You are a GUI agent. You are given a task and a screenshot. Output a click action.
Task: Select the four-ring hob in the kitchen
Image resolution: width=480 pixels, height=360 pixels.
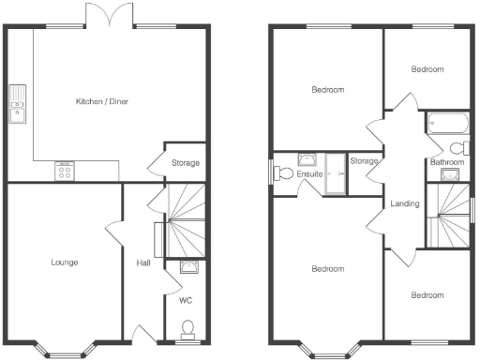pos(65,171)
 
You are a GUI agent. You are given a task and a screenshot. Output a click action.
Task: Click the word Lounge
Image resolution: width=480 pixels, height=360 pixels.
pos(64,262)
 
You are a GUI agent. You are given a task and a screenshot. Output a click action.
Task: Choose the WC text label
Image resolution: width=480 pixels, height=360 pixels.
pos(185,301)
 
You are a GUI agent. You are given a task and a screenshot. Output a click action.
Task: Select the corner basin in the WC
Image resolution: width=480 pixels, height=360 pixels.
pos(188,267)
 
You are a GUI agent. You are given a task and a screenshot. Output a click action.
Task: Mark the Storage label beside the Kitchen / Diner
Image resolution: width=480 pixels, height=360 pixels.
pos(185,163)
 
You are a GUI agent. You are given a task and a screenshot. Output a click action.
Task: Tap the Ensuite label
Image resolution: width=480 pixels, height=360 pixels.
pos(309,173)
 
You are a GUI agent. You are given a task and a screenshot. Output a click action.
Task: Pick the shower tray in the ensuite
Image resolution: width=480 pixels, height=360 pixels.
pos(336,173)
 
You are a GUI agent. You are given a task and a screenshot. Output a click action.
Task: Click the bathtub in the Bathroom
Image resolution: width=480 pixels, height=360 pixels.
pos(447,122)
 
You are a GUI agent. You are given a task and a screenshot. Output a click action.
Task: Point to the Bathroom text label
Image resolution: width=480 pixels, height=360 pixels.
pos(447,162)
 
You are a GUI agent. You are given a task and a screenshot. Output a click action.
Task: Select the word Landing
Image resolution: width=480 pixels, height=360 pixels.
pos(404,203)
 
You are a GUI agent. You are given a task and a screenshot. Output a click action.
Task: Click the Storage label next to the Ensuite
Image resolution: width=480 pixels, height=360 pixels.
pos(364,161)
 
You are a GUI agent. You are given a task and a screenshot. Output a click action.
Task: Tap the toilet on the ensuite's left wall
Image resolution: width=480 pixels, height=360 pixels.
pos(278,172)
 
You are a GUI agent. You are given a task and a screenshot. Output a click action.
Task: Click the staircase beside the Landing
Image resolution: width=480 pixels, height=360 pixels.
pos(448,214)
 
